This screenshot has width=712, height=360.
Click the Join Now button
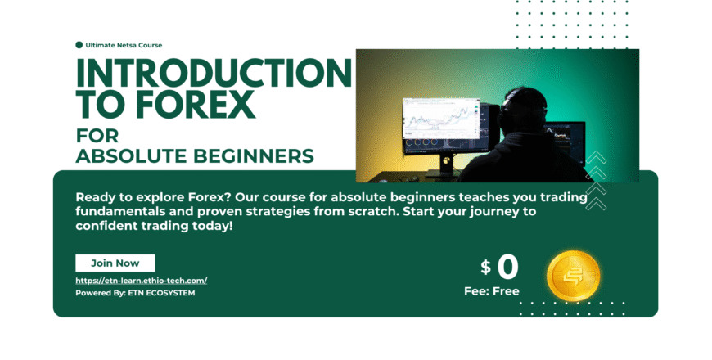coord(115,263)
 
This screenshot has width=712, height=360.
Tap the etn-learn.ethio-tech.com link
coord(142,280)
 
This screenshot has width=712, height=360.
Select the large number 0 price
coord(507,267)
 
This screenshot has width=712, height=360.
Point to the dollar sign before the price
coord(485,267)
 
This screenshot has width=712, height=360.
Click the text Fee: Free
coord(492,291)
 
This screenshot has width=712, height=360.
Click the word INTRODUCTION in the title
coord(214,74)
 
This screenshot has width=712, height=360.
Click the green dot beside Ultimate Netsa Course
coord(79,45)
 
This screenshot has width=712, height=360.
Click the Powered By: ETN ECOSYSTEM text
coord(135,292)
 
